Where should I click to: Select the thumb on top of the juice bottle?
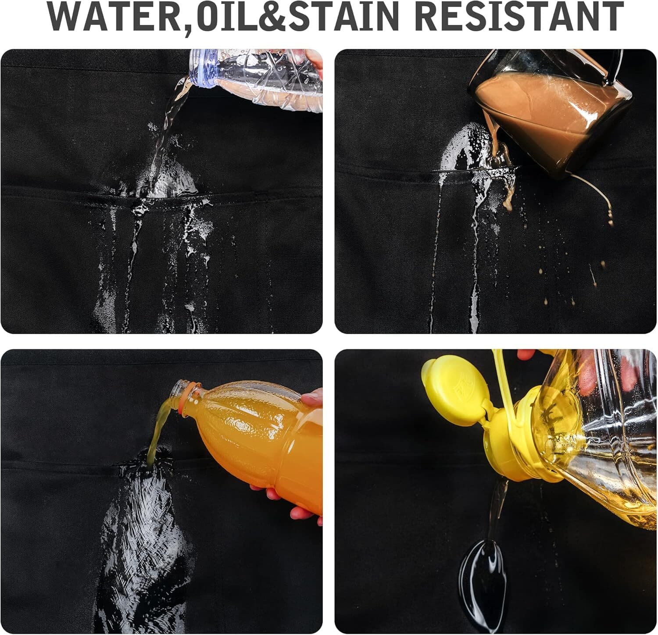pos(312,398)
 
